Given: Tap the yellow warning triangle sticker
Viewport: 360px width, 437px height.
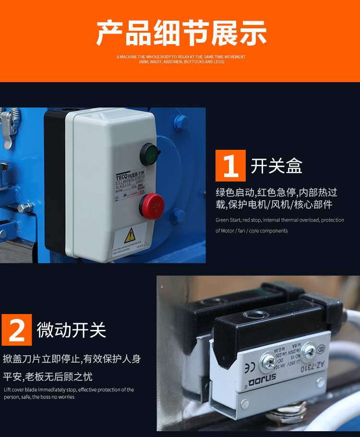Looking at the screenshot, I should [130, 235].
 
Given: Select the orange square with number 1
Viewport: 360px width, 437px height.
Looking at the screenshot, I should [230, 166].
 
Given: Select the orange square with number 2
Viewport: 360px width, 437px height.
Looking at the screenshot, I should [17, 330].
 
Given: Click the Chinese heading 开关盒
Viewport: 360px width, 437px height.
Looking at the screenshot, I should [276, 166].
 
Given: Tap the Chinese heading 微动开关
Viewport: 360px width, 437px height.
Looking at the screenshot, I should [72, 330].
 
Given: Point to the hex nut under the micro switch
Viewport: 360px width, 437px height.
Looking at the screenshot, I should [288, 412].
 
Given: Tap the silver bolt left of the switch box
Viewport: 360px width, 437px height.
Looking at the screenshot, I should [25, 208].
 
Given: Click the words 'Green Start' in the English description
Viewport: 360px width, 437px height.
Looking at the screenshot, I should [228, 220].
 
